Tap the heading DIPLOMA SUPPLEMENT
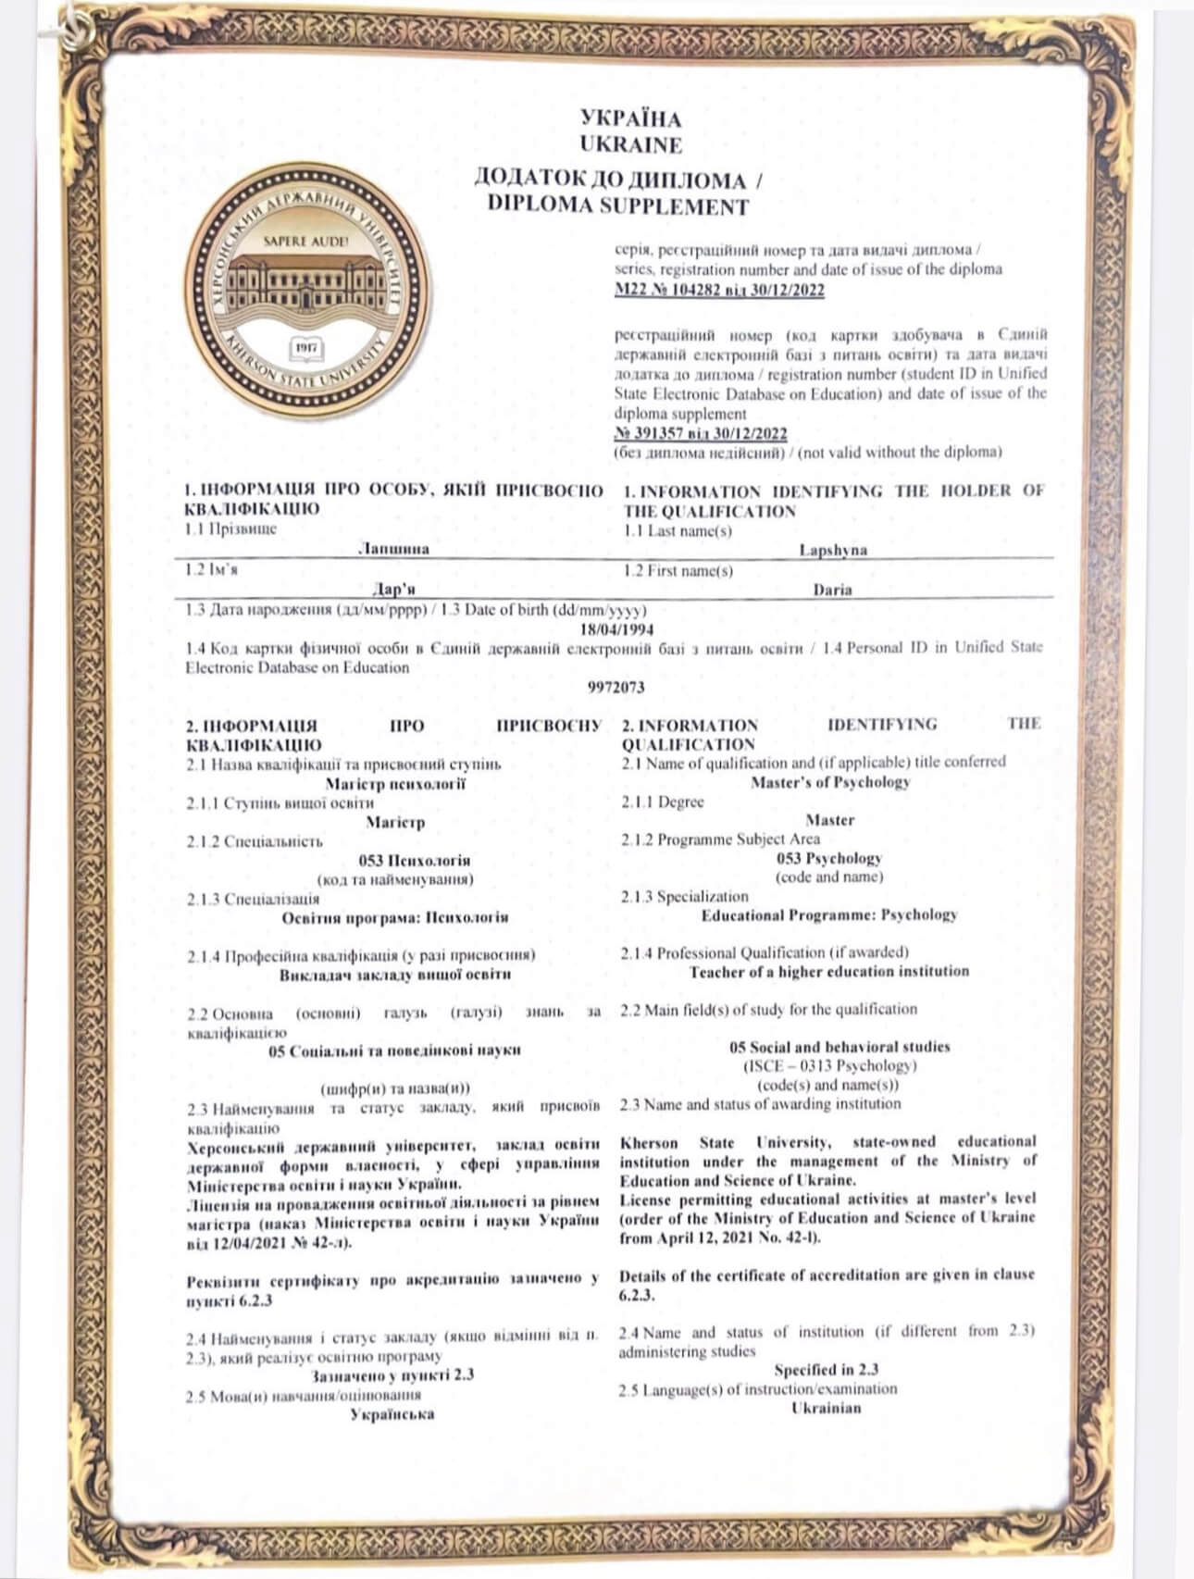coord(617,205)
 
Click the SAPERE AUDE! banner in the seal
coord(305,241)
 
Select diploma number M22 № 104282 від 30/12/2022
coord(719,290)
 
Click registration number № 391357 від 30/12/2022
coord(701,433)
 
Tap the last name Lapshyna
coord(833,551)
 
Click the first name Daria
coord(832,590)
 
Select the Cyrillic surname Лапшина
coord(393,549)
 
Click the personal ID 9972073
coord(616,688)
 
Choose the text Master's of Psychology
coord(830,781)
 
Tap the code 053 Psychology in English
coord(829,858)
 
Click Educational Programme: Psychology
coord(828,915)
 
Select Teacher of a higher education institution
coord(828,972)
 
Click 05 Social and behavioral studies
coord(840,1047)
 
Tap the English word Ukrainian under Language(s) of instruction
coord(827,1408)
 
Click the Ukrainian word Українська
coord(392,1414)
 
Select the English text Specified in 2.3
coord(827,1370)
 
